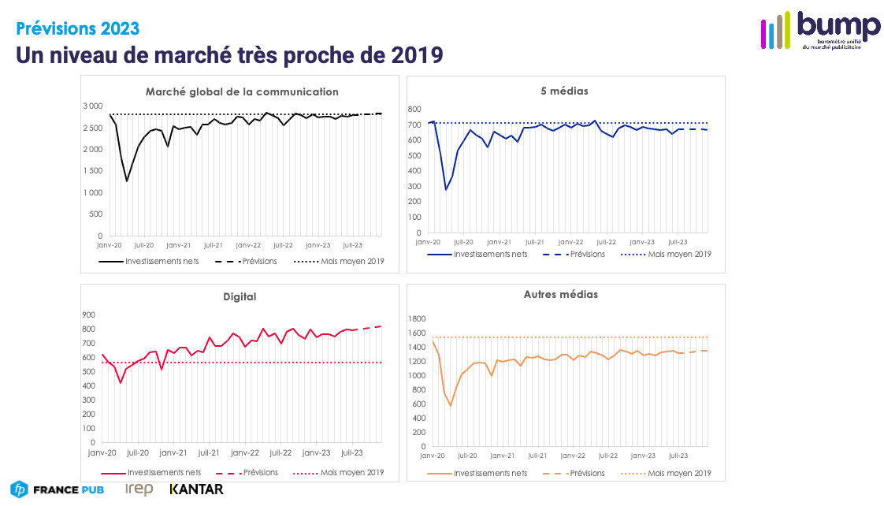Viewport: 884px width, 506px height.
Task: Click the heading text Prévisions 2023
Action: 78,28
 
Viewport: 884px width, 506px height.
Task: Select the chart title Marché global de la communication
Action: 242,91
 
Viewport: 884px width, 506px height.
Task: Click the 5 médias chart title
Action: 564,91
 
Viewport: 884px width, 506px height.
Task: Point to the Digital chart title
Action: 240,296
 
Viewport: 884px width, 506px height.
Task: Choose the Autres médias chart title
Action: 560,294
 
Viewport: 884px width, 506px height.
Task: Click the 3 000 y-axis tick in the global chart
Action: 93,106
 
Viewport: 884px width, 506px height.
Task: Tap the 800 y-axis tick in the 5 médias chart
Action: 414,109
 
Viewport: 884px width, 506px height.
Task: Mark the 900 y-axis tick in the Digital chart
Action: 89,314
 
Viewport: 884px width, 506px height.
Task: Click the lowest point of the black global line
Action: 127,181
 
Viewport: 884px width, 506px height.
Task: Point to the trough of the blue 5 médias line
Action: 446,189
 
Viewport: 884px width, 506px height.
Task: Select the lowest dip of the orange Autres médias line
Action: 451,406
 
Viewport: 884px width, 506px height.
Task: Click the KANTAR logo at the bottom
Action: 196,489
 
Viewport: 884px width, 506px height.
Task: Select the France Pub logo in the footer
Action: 58,489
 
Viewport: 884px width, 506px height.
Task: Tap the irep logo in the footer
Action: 139,489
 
